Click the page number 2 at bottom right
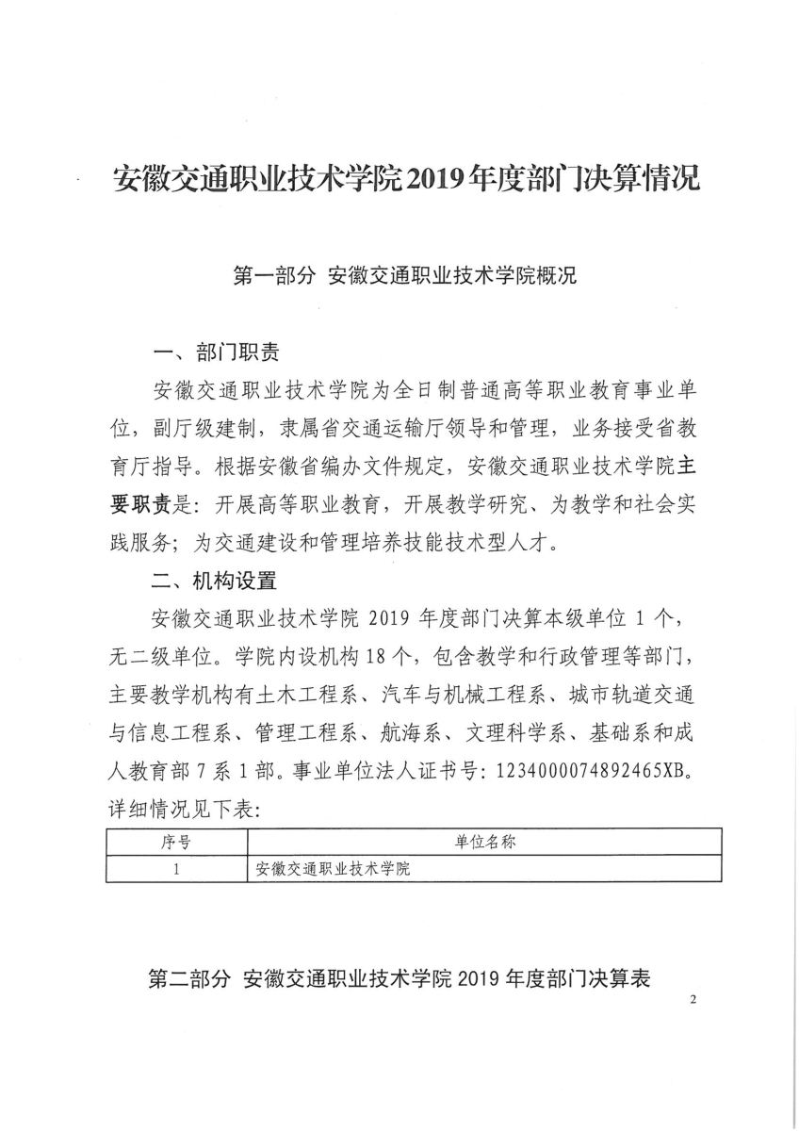point(693,1000)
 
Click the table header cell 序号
point(176,841)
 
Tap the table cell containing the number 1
point(176,868)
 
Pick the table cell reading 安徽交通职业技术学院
point(334,868)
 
